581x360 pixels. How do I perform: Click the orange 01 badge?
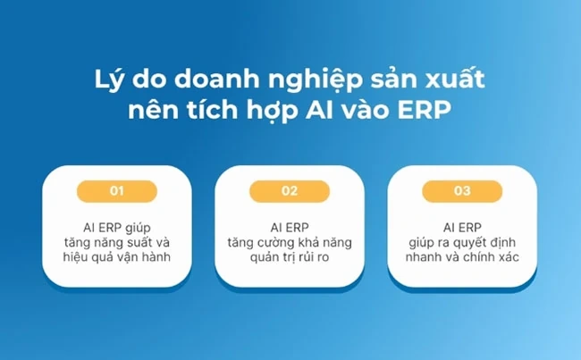(117, 190)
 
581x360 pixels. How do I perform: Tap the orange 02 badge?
(290, 190)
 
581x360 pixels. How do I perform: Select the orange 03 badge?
(462, 190)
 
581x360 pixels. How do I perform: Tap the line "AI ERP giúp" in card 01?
(117, 227)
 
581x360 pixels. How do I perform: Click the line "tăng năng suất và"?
(117, 243)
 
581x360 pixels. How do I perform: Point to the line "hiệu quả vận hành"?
(117, 259)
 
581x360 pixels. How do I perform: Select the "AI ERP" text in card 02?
(290, 227)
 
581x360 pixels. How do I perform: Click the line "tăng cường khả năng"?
(290, 243)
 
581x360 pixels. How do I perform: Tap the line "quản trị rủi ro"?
(290, 259)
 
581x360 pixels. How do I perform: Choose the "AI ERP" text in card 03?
(462, 227)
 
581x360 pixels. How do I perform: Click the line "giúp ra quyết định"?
(462, 243)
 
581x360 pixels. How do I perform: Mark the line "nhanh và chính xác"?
(462, 259)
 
